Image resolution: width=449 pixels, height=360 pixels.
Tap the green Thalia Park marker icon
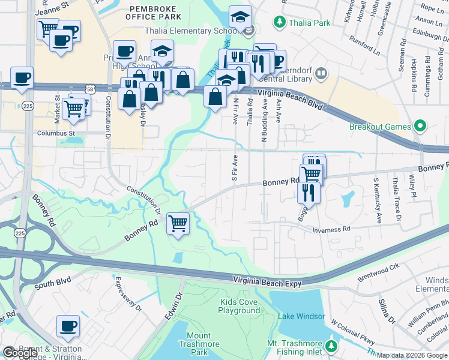pos(279,23)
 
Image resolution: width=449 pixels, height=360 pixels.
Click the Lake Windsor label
pos(301,316)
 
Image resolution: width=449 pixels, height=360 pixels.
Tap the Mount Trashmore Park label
pos(194,344)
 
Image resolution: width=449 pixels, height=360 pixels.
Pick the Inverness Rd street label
pos(330,229)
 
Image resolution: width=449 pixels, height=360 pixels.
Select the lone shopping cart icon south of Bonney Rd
pos(178,223)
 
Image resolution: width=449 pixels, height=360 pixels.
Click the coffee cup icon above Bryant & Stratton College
pos(68,326)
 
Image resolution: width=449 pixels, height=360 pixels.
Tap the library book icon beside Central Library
pos(321,74)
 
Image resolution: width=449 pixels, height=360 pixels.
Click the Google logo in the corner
pos(20,353)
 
